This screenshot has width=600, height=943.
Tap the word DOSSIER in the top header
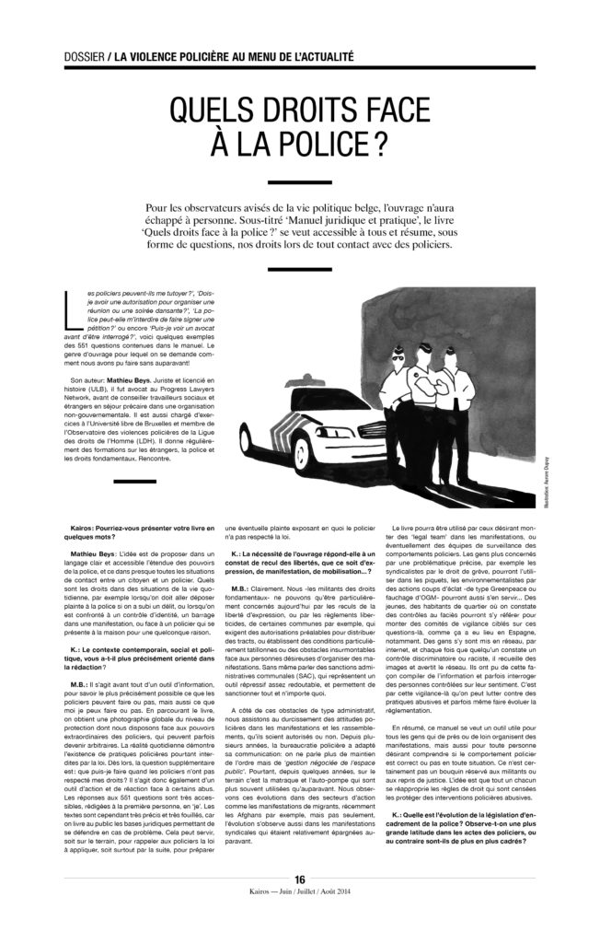[x=76, y=56]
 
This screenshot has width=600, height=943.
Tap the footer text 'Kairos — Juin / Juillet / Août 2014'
[x=299, y=917]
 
